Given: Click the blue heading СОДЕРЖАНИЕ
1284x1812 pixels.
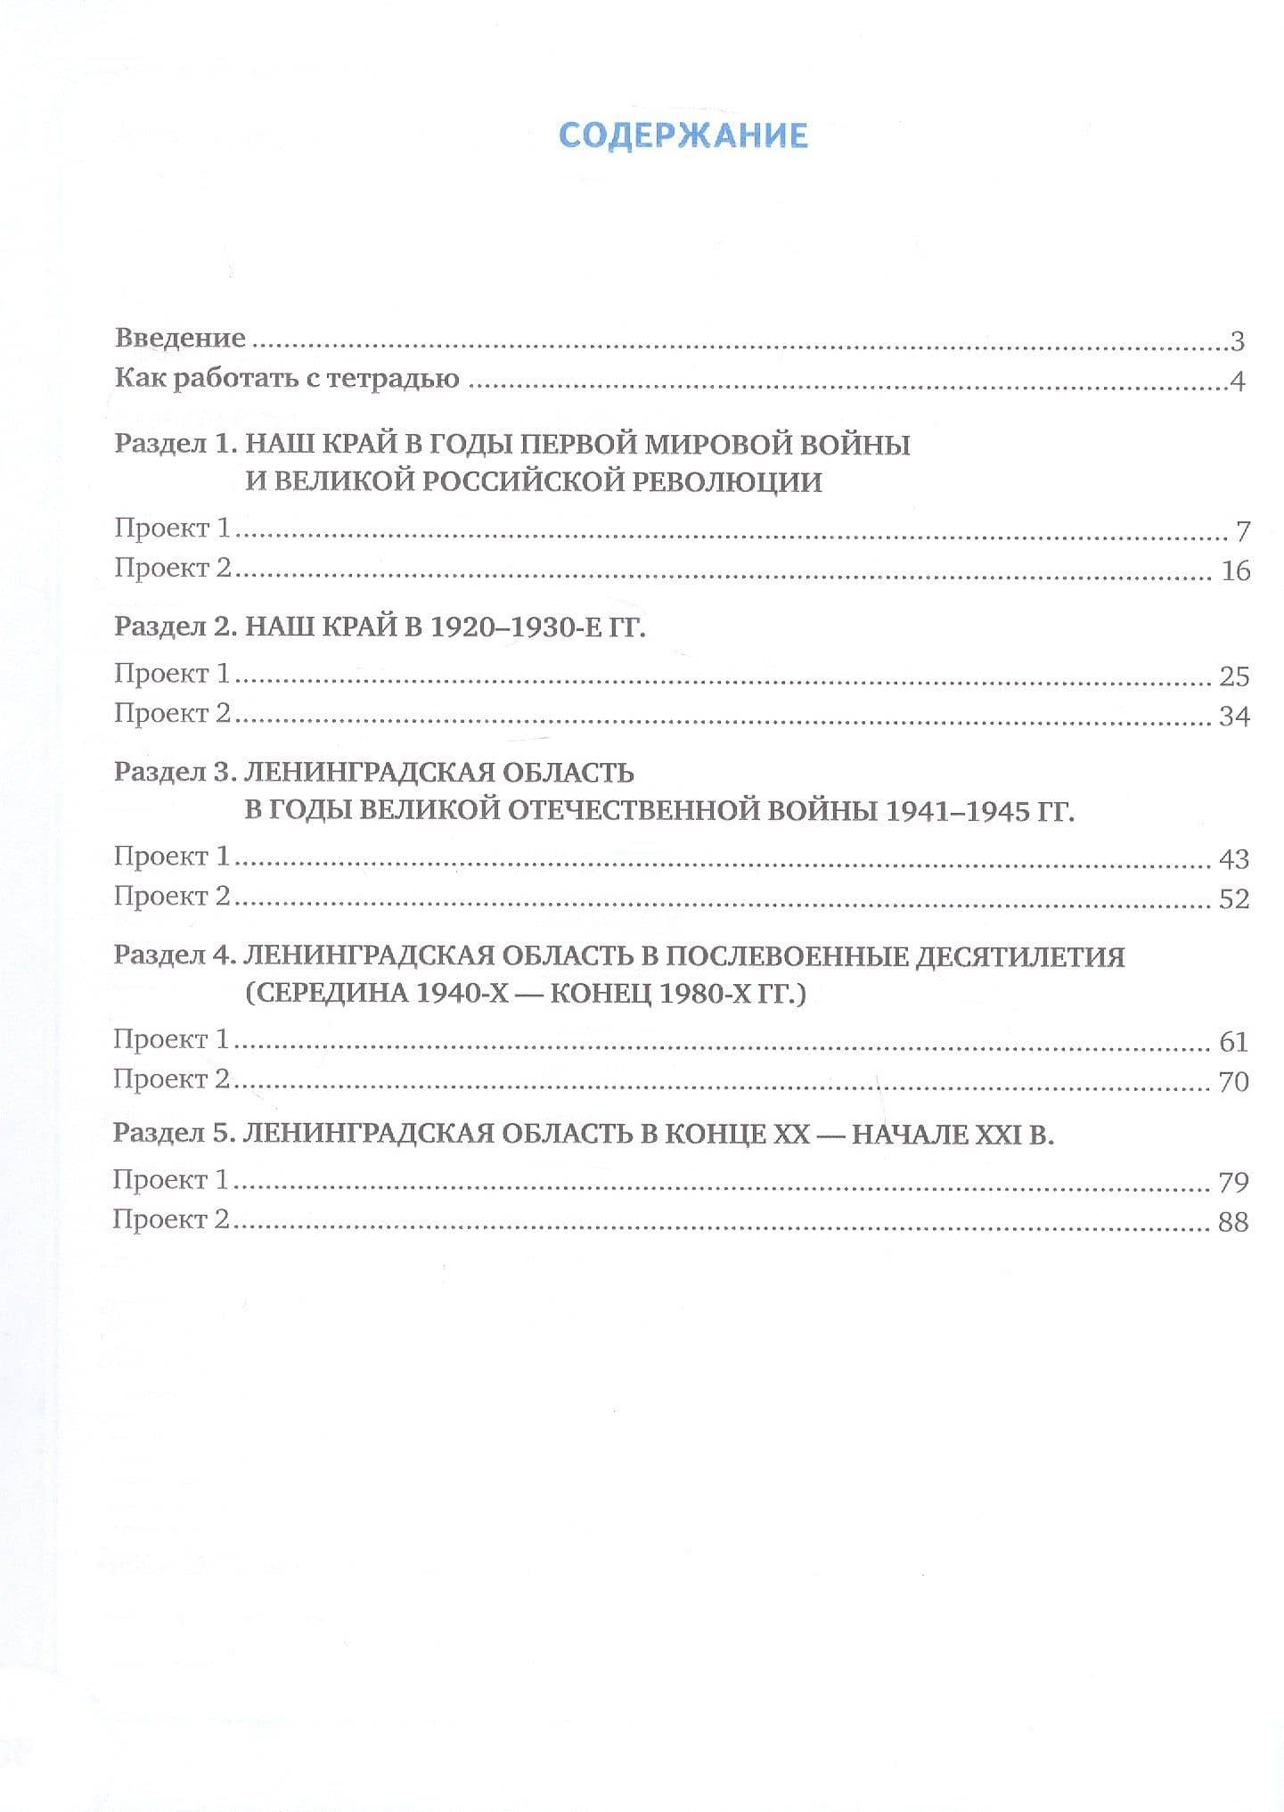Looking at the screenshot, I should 683,135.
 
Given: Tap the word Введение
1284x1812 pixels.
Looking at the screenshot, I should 180,338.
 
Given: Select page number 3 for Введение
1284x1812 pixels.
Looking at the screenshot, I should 1236,340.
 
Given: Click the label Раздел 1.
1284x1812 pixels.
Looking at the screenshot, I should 173,444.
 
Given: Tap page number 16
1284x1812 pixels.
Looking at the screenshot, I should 1235,570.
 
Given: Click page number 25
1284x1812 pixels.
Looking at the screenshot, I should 1234,676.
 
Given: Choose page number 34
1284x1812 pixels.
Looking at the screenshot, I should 1234,716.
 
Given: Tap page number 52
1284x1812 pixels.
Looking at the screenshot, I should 1234,898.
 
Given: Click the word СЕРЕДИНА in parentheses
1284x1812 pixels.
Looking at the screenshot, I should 327,993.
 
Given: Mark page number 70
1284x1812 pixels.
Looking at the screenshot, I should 1233,1082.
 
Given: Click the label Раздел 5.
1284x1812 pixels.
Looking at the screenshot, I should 172,1134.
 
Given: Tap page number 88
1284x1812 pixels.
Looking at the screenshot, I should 1233,1222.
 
